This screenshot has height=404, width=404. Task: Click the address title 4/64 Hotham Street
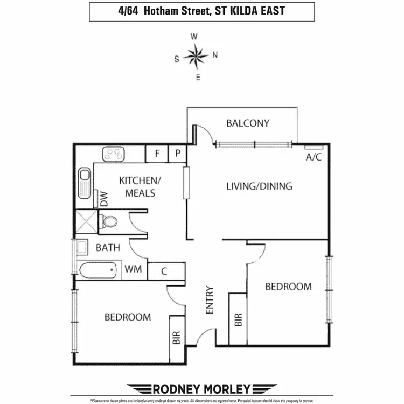point(201,11)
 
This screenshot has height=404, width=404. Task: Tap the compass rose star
point(195,55)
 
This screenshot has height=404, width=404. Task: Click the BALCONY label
point(248,123)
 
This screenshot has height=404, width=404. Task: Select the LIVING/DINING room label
point(259,186)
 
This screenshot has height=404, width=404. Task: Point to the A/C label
point(314,157)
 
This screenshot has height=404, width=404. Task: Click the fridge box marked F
point(157,154)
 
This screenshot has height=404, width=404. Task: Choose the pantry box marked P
point(178,154)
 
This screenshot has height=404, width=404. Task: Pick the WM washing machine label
point(135,269)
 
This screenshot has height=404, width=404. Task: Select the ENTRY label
point(210,299)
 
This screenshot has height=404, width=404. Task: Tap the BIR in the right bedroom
point(238,320)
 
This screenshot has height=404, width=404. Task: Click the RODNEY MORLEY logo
point(203,388)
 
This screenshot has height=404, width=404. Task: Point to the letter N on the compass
point(215,54)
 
